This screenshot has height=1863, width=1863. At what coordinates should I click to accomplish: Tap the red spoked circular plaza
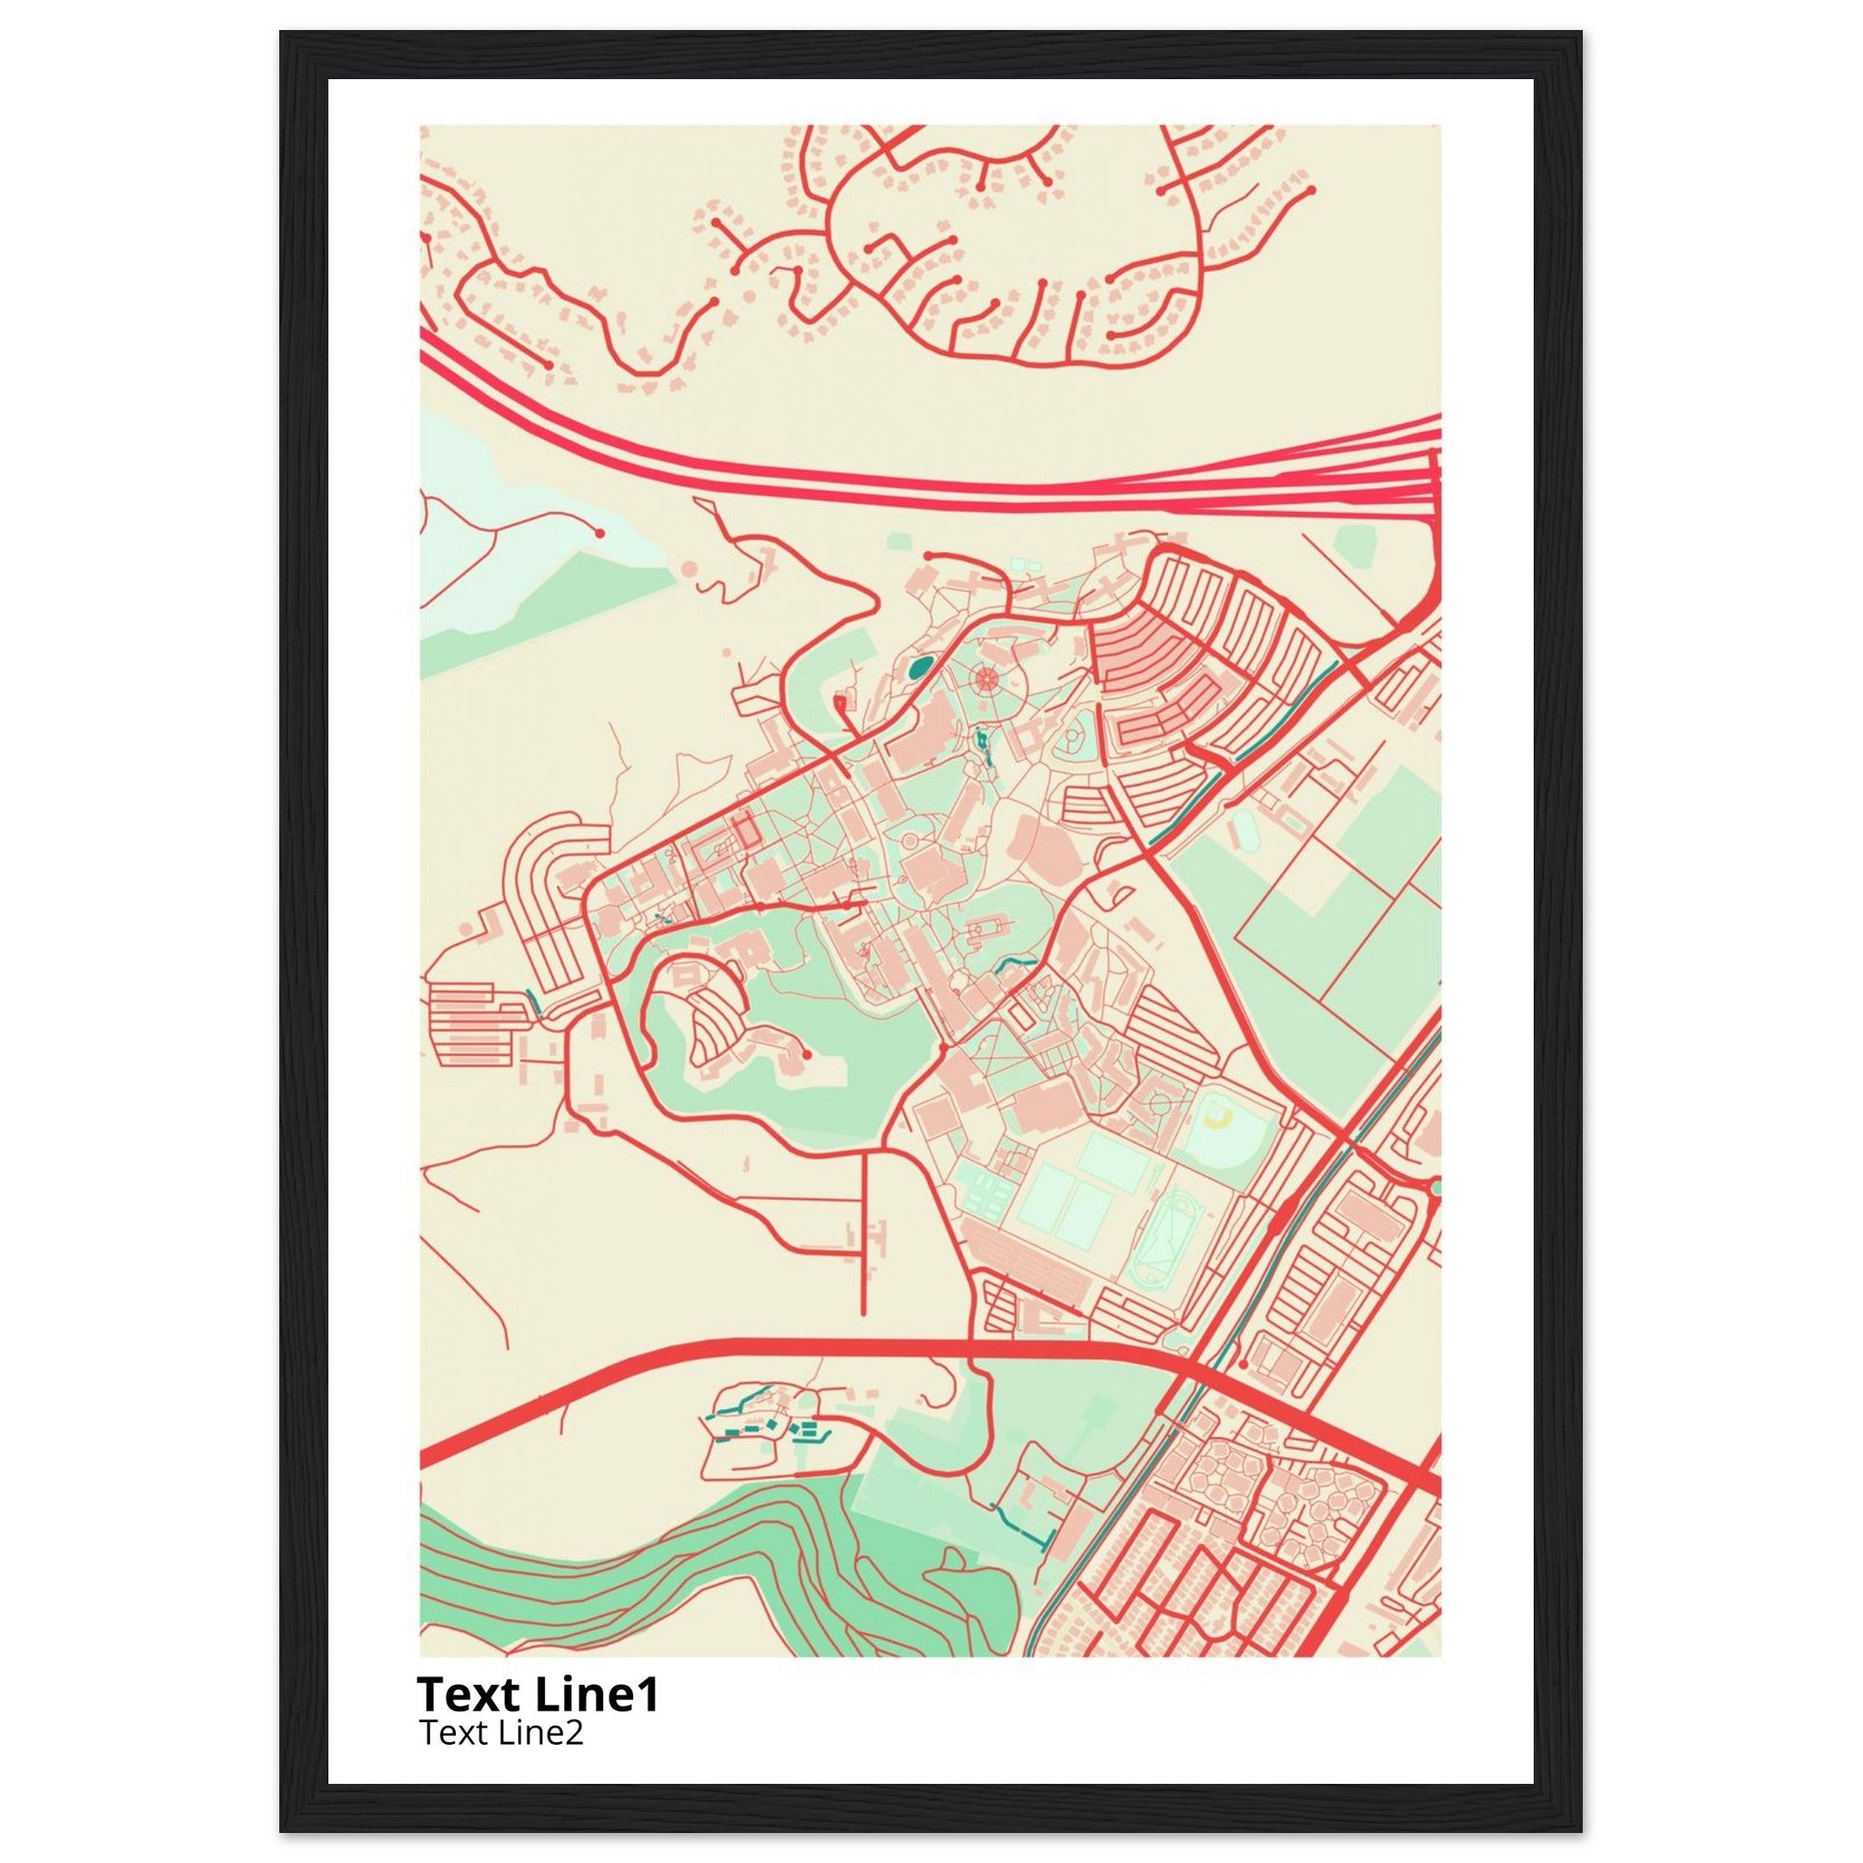point(984,678)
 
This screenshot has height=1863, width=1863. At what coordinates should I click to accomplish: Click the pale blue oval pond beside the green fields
point(1245,830)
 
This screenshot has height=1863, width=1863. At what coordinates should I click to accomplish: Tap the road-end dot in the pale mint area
point(599,532)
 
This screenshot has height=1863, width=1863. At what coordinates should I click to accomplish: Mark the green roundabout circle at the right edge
point(1435,1186)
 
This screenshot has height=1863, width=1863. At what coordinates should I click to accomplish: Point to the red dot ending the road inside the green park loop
point(806,1055)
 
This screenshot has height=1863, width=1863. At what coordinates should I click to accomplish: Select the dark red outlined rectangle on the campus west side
point(743,831)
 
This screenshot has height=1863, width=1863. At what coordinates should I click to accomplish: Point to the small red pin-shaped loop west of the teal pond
point(840,703)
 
